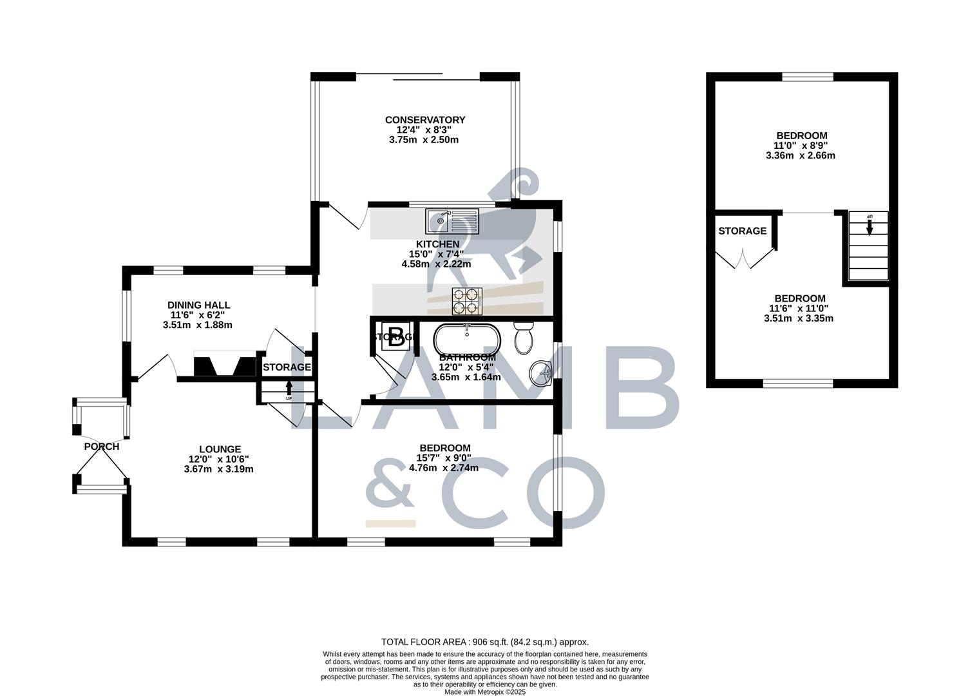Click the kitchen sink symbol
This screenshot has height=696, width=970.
[452, 221]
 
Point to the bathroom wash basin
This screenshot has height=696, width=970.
[542, 371]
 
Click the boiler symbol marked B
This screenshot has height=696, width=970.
[397, 336]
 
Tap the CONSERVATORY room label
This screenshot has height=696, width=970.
[424, 120]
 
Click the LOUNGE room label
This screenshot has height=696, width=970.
[220, 449]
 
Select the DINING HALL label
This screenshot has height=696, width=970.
[198, 305]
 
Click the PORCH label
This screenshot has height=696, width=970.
[101, 447]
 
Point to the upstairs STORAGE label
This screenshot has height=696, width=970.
[742, 231]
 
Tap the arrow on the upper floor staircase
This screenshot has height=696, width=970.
[870, 227]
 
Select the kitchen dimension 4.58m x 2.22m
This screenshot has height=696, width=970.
[436, 264]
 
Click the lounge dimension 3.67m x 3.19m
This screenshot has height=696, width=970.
[218, 469]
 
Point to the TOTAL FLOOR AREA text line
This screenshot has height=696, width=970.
[485, 642]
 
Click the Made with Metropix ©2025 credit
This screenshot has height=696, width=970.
[485, 692]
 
